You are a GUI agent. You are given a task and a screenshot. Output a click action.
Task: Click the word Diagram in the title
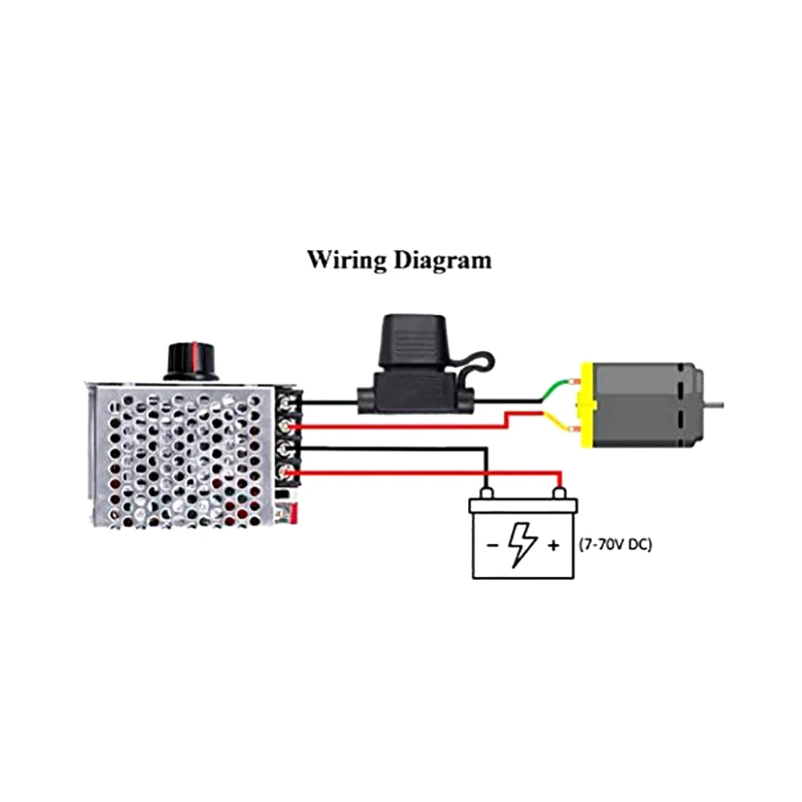[x=443, y=260]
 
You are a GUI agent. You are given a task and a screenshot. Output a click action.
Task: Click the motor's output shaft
[x=714, y=405]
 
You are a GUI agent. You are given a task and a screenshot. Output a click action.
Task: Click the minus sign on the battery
[x=492, y=546]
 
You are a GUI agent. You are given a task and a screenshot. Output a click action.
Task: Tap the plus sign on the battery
[x=553, y=546]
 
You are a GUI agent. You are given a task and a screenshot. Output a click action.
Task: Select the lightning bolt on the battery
[x=522, y=545]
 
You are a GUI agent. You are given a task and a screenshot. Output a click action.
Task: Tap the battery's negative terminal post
[x=486, y=494]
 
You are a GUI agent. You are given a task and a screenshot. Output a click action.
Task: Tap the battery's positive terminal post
[x=560, y=494]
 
